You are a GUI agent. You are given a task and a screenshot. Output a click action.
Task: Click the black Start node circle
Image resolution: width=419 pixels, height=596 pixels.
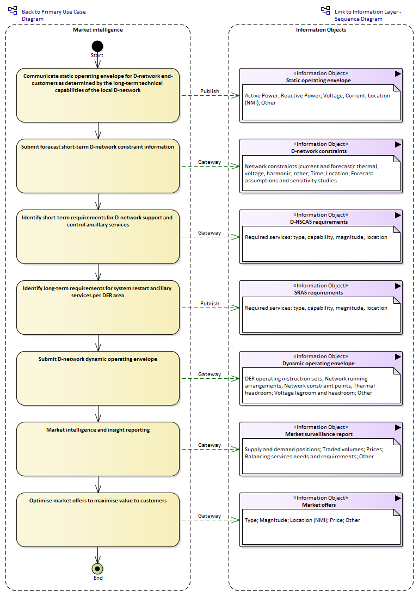[x=97, y=46]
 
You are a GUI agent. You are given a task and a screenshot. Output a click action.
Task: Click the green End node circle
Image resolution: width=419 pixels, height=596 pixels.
[x=97, y=569]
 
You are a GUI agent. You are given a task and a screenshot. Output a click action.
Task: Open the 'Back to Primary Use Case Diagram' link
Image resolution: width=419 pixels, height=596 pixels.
[x=53, y=15]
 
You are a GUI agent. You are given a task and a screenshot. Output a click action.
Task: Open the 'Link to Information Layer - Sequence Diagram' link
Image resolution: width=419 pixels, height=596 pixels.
[x=368, y=15]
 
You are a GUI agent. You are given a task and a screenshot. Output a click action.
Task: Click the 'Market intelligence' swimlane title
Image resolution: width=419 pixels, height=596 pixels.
[x=98, y=29]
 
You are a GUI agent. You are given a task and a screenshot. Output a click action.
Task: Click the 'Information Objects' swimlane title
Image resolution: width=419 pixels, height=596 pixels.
[x=321, y=29]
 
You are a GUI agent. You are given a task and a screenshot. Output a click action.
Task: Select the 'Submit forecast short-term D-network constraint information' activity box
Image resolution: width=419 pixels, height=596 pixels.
[x=97, y=166]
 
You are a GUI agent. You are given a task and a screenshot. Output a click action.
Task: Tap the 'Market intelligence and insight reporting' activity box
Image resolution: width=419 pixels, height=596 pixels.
[x=97, y=449]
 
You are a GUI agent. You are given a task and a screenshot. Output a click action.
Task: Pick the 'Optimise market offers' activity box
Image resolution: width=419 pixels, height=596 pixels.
[x=97, y=520]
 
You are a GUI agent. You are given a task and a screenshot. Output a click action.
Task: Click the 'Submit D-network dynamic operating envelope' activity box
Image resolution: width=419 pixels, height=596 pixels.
[x=97, y=378]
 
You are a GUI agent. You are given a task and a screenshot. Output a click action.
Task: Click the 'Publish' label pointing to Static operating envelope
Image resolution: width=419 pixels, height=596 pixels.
[x=209, y=91]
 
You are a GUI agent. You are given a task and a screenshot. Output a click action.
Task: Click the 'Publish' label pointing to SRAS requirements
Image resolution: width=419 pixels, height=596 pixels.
[x=209, y=303]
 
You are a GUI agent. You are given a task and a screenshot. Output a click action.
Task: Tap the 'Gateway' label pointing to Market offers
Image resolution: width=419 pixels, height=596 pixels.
[x=209, y=516]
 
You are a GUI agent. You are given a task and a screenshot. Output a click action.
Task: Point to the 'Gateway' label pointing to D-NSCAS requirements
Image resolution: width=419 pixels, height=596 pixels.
[x=209, y=232]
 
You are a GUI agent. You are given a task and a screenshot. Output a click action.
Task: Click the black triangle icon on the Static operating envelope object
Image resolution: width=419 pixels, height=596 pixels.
[x=398, y=73]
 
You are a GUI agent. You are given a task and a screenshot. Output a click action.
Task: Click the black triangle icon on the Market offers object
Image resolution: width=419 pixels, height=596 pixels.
[x=398, y=499]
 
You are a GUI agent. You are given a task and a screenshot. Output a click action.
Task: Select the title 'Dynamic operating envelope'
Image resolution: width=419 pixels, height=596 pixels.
[x=319, y=364]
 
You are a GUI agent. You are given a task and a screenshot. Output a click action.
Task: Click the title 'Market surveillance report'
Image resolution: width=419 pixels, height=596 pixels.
[x=319, y=434]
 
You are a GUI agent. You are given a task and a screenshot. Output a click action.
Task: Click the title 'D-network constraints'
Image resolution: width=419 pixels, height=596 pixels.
[x=319, y=151]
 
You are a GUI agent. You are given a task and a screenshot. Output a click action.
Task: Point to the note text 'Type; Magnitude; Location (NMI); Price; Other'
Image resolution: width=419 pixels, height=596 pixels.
[x=303, y=520]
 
